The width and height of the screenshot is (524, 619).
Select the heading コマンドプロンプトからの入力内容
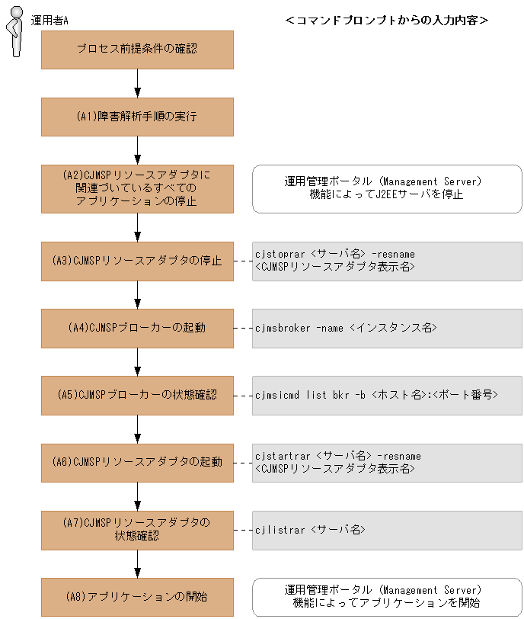coord(386,21)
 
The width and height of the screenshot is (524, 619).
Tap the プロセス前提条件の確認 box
coord(137,50)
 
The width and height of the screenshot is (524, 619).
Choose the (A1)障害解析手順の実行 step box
coord(137,117)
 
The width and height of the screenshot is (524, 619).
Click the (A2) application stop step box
coord(137,188)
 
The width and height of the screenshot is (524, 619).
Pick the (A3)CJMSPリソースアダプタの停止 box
coord(137,261)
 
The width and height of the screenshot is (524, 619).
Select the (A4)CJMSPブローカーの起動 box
coord(137,329)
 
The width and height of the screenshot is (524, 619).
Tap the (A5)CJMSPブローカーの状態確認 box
coord(137,396)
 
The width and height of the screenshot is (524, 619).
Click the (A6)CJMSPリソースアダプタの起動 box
coord(137,463)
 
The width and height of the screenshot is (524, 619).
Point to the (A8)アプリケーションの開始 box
coord(137,597)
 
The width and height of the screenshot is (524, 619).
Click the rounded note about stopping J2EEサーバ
coord(387,188)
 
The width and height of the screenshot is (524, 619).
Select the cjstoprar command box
coord(387,261)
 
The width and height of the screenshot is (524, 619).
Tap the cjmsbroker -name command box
coord(387,329)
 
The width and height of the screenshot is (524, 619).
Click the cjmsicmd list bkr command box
coord(387,396)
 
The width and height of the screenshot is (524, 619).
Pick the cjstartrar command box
coord(387,463)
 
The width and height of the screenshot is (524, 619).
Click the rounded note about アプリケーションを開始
coord(387,597)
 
